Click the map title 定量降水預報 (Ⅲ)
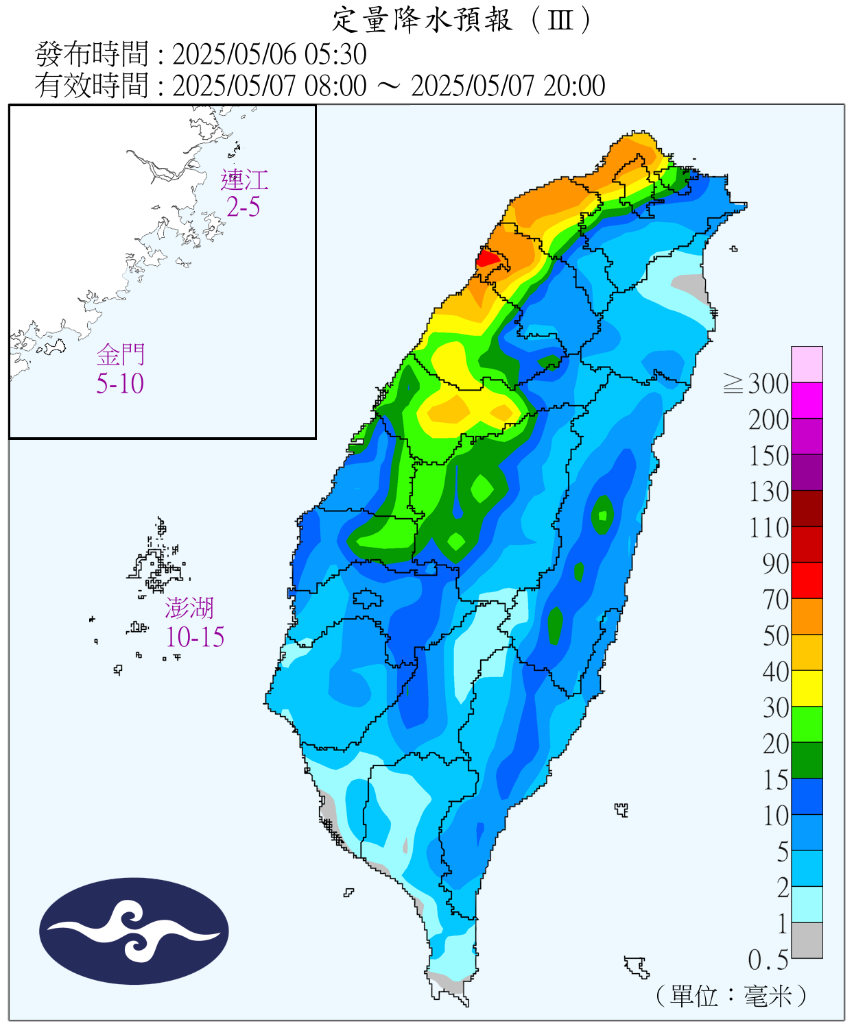coord(461,21)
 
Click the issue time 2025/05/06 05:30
coord(269,54)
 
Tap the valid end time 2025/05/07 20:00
coord(508,86)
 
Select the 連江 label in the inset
coord(244,180)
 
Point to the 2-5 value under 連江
coord(244,207)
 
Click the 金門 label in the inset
coord(121,355)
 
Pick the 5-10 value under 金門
coord(120,384)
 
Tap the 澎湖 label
coord(189,608)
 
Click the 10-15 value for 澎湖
coord(195,637)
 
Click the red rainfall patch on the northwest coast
coord(488,259)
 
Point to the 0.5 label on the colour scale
coord(768,960)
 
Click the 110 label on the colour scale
coord(769,528)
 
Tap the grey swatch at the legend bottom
coord(807,940)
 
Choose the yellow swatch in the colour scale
coord(807,688)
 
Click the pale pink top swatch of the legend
coord(807,364)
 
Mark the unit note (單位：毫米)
coord(731,996)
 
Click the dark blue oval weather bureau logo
coord(134,931)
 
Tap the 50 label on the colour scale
coord(776,636)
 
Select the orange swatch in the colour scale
coord(807,616)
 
